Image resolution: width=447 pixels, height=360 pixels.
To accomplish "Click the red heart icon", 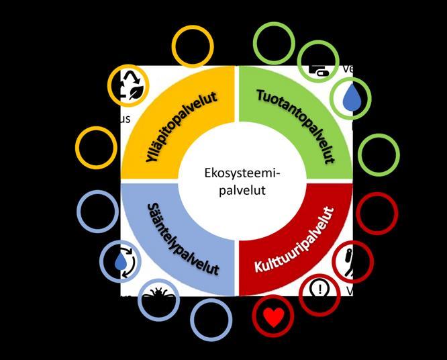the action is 273,317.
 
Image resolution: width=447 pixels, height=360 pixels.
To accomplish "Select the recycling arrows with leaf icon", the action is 129,85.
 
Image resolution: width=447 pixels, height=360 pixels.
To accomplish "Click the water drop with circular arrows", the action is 121,261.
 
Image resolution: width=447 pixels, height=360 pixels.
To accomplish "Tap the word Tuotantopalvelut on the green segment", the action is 296,125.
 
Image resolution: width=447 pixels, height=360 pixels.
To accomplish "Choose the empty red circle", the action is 377,213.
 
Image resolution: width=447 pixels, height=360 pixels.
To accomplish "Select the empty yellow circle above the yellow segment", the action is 193,46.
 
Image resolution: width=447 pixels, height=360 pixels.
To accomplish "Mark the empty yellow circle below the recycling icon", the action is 96,147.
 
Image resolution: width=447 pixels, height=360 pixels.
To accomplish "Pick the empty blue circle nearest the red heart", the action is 211,318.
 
